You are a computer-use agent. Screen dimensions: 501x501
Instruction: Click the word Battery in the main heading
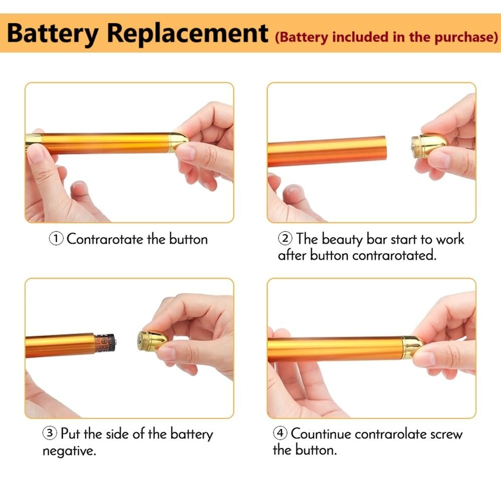pyautogui.click(x=53, y=34)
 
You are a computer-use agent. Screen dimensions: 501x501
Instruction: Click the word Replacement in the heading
pyautogui.click(x=187, y=33)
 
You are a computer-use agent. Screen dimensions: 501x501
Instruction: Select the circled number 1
pyautogui.click(x=56, y=239)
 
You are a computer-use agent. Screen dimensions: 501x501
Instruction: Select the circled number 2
pyautogui.click(x=285, y=238)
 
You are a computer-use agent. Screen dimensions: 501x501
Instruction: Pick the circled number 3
pyautogui.click(x=50, y=433)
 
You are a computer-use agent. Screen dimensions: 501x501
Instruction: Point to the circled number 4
pyautogui.click(x=280, y=433)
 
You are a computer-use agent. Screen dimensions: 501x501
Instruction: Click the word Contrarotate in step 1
pyautogui.click(x=105, y=239)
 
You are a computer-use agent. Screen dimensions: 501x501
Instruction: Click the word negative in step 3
pyautogui.click(x=69, y=451)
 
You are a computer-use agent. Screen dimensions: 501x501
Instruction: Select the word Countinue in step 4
pyautogui.click(x=321, y=433)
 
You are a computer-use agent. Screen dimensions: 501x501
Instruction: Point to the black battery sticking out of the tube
pyautogui.click(x=105, y=344)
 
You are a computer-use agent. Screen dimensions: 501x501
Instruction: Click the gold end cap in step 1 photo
pyautogui.click(x=178, y=142)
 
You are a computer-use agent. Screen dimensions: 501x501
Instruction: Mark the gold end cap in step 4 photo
pyautogui.click(x=412, y=347)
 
